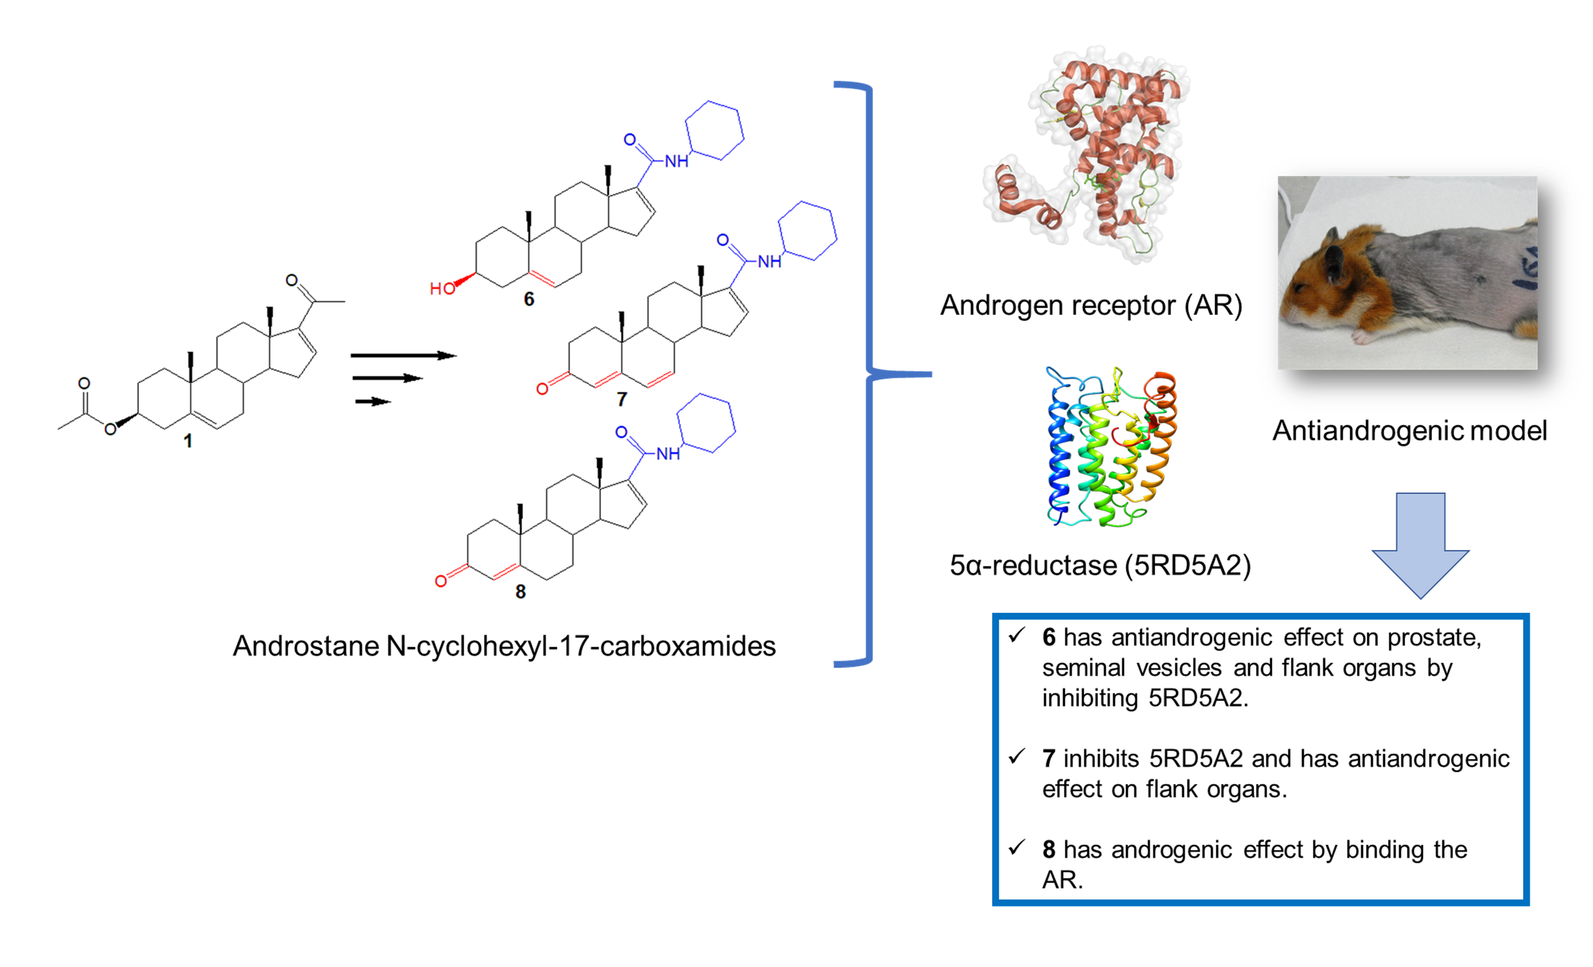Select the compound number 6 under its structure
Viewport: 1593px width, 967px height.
click(529, 299)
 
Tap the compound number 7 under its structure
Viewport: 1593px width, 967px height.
click(622, 399)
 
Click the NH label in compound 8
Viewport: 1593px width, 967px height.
click(668, 454)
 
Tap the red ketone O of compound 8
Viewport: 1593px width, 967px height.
click(441, 581)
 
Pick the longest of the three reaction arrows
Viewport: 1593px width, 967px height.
click(404, 356)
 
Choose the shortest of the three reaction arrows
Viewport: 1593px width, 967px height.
click(373, 402)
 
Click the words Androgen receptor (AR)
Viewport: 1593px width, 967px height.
click(1091, 305)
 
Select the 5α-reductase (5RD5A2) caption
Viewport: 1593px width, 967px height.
click(1100, 565)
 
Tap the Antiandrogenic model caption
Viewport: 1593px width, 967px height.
click(1409, 430)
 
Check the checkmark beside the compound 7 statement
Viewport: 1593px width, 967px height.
click(1017, 756)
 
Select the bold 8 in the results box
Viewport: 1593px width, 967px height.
click(1049, 849)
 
